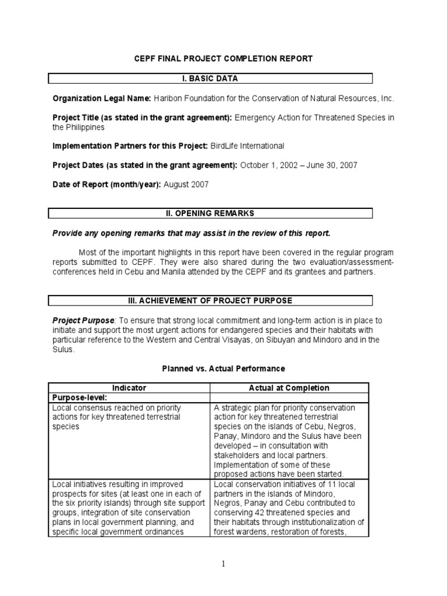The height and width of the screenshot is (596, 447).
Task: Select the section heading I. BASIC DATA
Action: pyautogui.click(x=210, y=79)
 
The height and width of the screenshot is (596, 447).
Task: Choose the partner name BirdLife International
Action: pyautogui.click(x=247, y=146)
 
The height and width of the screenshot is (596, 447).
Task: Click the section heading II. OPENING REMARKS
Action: pyautogui.click(x=210, y=214)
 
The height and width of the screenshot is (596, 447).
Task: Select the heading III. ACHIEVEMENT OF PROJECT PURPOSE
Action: pyautogui.click(x=210, y=300)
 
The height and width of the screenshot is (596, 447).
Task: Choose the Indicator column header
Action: pyautogui.click(x=129, y=388)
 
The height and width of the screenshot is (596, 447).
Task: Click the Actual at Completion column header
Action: pyautogui.click(x=289, y=388)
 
